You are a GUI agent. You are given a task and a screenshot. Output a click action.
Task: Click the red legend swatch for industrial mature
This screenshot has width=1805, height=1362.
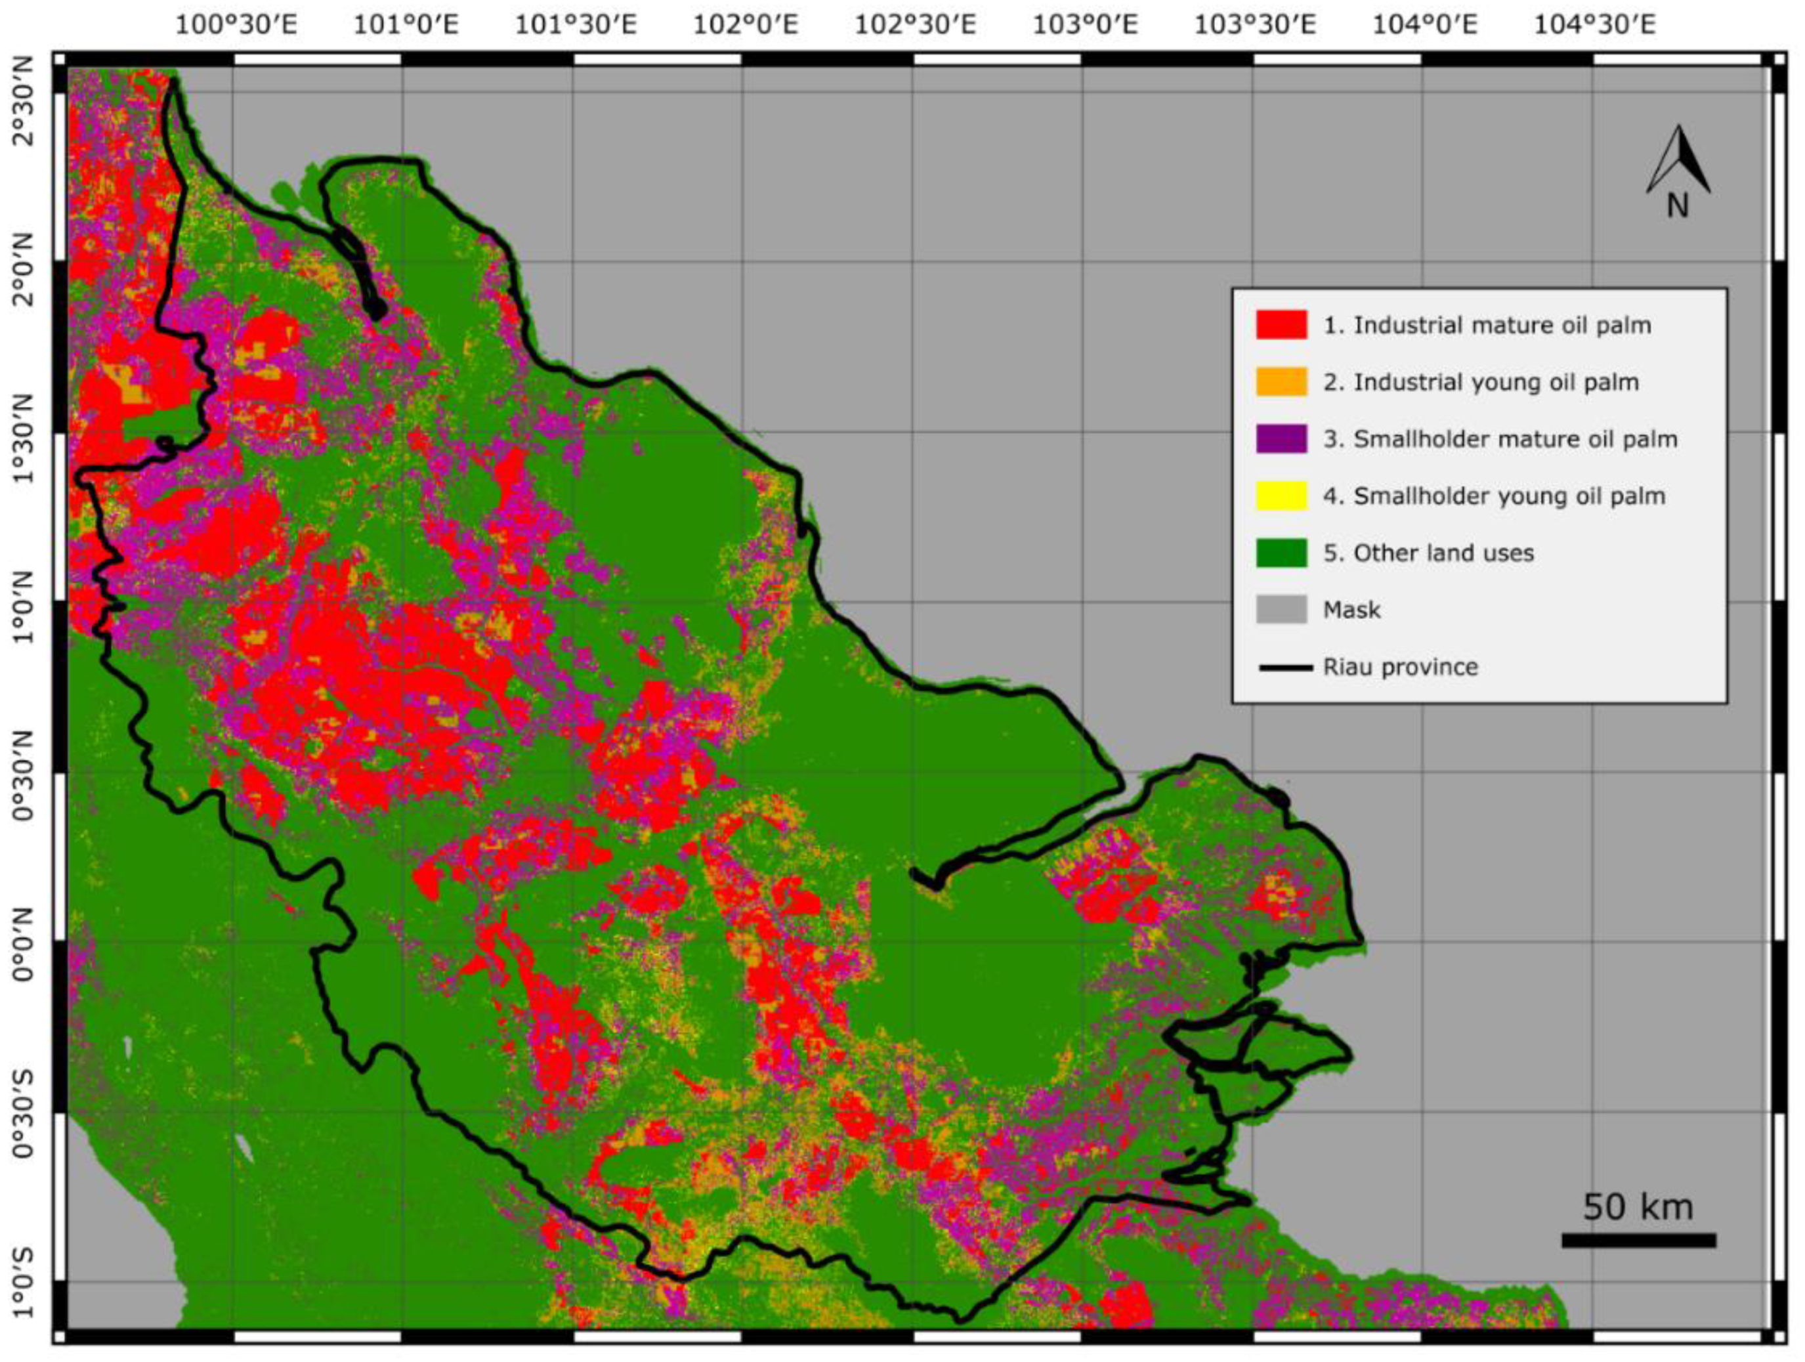(1281, 325)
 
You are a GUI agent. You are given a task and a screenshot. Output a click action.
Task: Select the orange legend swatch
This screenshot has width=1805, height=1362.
(1281, 382)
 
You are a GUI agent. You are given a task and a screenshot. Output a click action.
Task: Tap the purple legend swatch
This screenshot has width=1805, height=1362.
(1281, 439)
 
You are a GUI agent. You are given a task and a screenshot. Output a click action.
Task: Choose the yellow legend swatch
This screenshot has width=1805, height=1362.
(1281, 496)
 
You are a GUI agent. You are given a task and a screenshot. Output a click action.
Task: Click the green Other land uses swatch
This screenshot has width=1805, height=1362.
(1281, 553)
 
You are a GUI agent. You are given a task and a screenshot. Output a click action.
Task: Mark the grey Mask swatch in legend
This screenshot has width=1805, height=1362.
(1281, 610)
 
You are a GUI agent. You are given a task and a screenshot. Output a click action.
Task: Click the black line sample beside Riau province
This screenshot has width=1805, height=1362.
(1285, 668)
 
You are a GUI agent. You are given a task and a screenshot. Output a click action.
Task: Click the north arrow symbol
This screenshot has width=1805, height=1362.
(1678, 159)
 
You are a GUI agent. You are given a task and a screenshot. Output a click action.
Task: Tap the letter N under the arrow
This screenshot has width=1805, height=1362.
(1677, 207)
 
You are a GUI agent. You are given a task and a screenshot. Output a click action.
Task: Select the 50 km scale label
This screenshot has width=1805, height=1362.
(1638, 1207)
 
